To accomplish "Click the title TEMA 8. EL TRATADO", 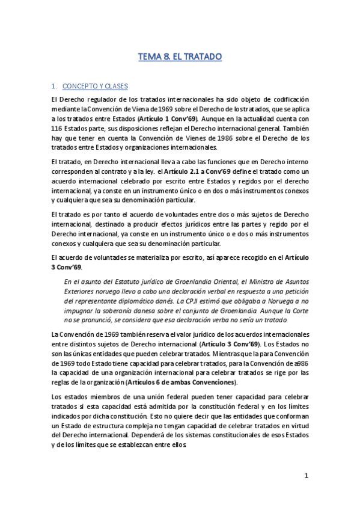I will [x=180, y=57].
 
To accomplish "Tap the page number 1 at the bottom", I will [x=306, y=476].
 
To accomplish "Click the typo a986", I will [x=299, y=363].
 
